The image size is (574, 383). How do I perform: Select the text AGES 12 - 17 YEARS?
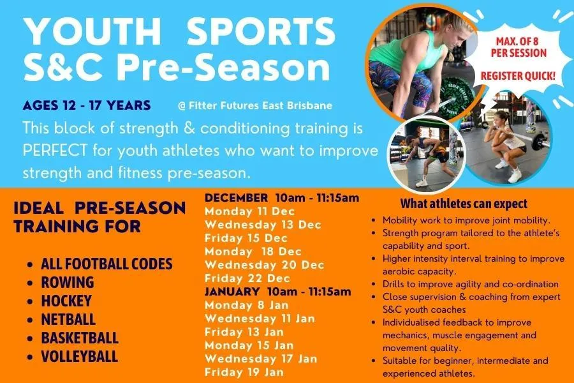[86, 105]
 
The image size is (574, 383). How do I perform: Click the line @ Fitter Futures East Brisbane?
[254, 105]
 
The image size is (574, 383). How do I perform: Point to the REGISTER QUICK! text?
[518, 76]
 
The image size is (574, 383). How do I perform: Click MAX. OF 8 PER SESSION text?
[519, 47]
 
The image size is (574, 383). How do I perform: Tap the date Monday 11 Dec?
[249, 211]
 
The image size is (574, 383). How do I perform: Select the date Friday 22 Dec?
[247, 278]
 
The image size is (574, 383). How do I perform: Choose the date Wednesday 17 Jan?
[261, 359]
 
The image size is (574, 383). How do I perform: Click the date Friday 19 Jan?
[244, 372]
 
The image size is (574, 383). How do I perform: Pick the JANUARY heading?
[232, 292]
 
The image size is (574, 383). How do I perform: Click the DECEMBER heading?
[236, 198]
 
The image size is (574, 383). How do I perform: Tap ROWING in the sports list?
[68, 282]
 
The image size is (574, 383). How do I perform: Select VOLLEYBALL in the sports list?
[80, 356]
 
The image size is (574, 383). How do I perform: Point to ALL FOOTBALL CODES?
[107, 264]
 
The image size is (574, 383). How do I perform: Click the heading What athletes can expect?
[464, 204]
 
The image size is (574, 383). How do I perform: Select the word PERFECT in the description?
[55, 151]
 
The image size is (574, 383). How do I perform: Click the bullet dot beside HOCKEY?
[31, 301]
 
